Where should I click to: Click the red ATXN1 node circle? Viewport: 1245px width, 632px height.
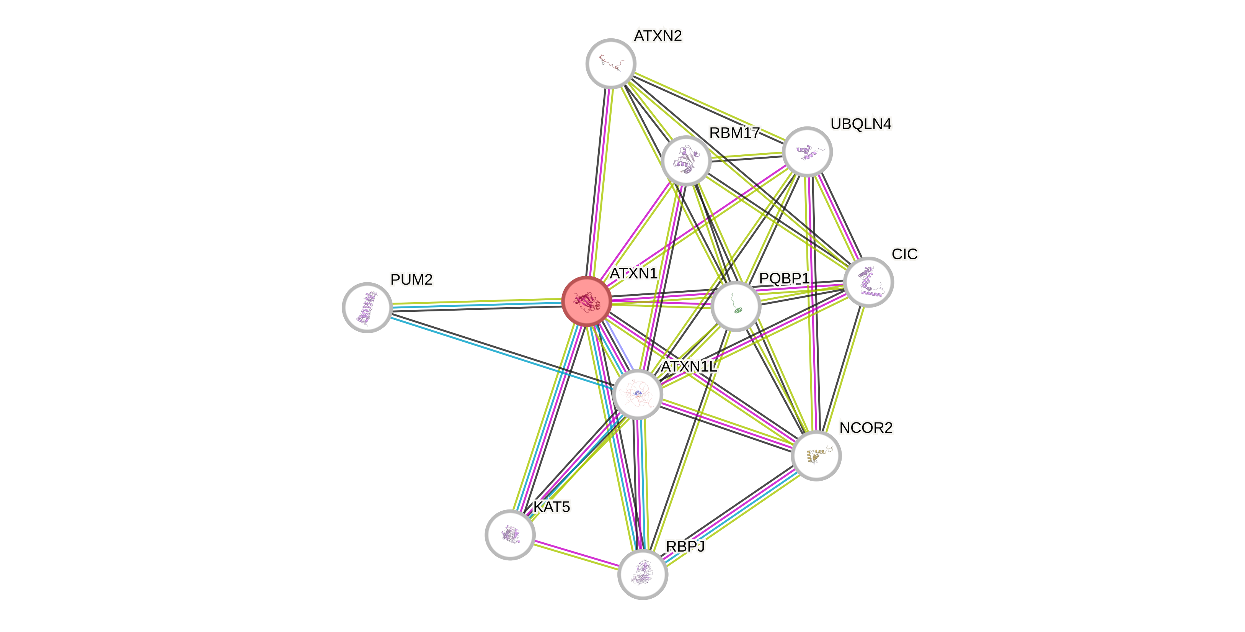(587, 301)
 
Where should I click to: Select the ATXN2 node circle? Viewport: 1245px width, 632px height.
(610, 63)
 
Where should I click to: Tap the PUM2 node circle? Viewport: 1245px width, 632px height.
(367, 307)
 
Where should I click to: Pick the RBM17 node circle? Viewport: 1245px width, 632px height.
(686, 161)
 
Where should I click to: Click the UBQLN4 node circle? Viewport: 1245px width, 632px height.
(807, 152)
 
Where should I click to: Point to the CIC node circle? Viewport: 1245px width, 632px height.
(868, 282)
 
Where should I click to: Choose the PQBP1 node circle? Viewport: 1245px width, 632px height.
(736, 306)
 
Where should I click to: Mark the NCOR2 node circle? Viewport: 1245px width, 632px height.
(816, 455)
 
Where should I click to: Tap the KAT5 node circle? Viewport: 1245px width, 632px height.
(510, 534)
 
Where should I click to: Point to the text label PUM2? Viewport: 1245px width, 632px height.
(412, 280)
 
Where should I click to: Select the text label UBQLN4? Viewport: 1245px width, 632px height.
(861, 124)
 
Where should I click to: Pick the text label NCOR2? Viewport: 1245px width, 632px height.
(866, 427)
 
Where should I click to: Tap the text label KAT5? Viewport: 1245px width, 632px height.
(552, 507)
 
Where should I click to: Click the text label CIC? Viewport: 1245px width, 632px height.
(905, 254)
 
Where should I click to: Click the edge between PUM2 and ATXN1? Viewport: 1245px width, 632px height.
(476, 304)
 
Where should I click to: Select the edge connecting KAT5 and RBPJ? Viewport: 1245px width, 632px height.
(576, 555)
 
